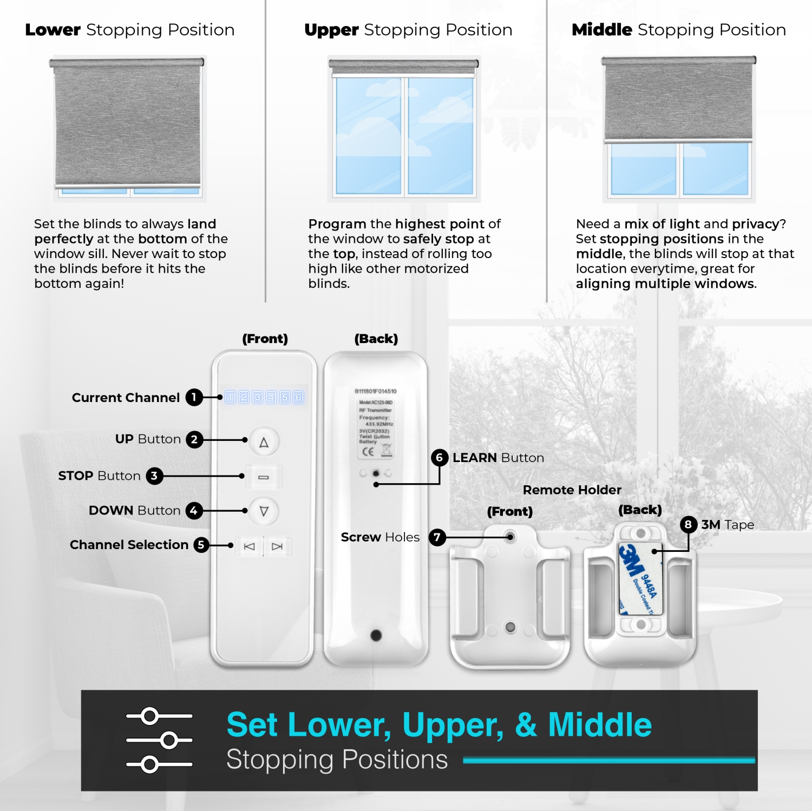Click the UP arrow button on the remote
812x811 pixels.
click(x=264, y=442)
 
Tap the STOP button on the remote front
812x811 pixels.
click(x=264, y=477)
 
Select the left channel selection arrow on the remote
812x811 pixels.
click(x=250, y=546)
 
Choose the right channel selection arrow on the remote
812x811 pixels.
click(x=277, y=546)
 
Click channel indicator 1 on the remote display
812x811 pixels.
click(x=231, y=398)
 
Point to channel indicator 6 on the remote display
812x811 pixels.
click(x=298, y=398)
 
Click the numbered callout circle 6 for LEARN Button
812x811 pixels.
click(x=440, y=458)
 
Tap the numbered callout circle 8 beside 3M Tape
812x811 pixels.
click(x=688, y=524)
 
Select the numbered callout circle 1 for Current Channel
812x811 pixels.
click(x=194, y=398)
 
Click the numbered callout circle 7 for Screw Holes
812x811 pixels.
click(x=437, y=537)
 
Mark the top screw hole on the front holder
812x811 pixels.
click(x=510, y=537)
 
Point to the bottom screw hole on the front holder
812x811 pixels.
click(x=510, y=627)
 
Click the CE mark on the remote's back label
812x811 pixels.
click(x=368, y=452)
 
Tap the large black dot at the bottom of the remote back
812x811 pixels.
click(x=376, y=635)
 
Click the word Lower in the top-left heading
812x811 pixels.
click(x=53, y=30)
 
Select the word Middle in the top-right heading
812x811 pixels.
click(x=602, y=30)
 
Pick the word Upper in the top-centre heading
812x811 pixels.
click(x=331, y=30)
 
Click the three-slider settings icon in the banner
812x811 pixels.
click(x=159, y=740)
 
